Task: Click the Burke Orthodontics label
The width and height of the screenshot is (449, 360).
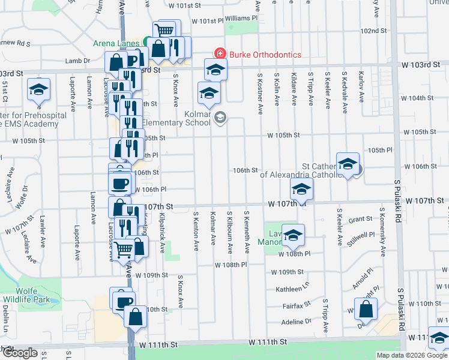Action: point(264,55)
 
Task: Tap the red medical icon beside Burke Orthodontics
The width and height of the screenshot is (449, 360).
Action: point(220,54)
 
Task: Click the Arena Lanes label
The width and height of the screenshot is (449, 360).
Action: point(116,43)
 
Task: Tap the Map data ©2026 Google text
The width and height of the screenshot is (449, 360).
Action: point(412,355)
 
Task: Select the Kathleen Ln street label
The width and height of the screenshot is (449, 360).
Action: point(292,289)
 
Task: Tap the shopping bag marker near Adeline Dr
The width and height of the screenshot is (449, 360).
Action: point(366,310)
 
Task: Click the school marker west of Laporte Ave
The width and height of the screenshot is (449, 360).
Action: point(39,90)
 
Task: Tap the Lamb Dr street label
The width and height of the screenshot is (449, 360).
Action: point(77,61)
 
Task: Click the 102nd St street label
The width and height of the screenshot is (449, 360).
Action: point(373,31)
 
